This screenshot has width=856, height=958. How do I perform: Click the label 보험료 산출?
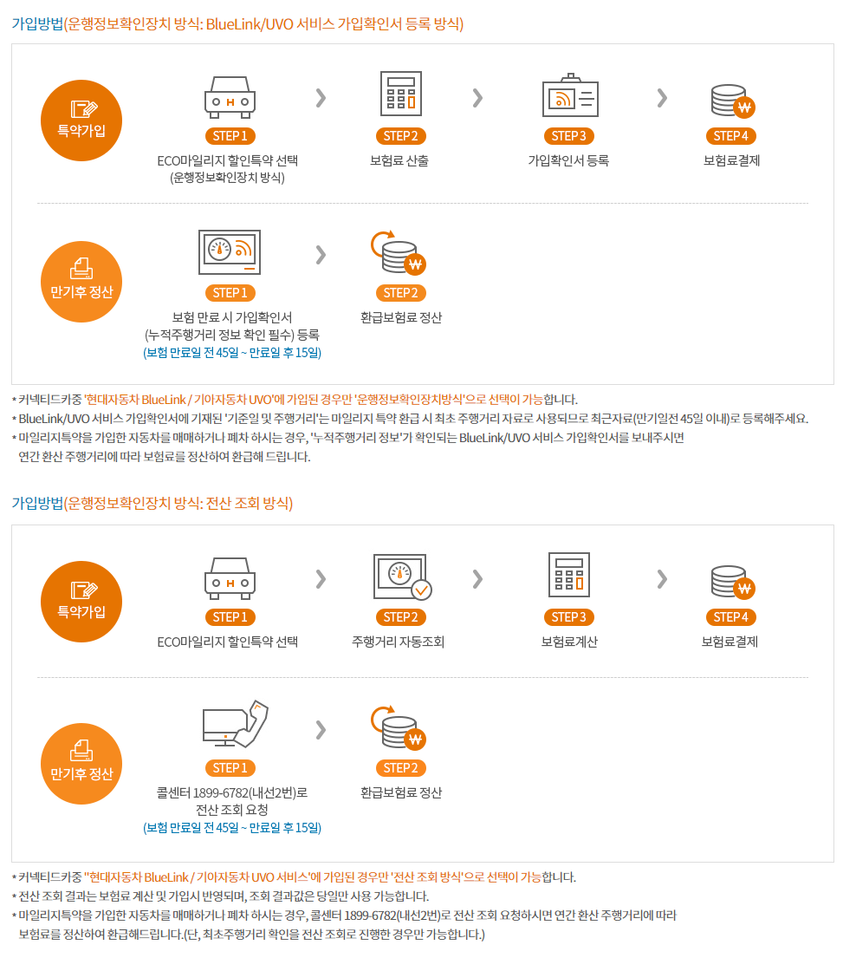pos(399,160)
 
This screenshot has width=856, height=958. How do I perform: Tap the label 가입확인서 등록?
pos(568,160)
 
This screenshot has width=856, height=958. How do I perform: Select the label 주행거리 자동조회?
pos(398,642)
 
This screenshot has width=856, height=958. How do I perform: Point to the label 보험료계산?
pos(569,642)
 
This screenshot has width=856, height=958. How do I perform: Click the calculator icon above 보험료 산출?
pos(400,94)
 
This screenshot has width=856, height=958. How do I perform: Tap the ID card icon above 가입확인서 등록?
pos(570,95)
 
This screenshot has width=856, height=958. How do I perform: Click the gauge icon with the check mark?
pos(402,577)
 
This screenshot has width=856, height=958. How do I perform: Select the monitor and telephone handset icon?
pos(236,724)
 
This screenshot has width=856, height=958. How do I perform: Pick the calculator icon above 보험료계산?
pos(569,574)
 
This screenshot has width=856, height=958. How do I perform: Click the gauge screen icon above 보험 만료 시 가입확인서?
pos(230,252)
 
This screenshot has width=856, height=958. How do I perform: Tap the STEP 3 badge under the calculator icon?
pos(569,617)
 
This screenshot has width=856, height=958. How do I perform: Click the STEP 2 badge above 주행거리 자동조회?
pos(400,617)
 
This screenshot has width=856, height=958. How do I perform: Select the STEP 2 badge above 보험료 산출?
pos(400,135)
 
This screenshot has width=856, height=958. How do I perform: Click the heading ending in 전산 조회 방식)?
pos(152,504)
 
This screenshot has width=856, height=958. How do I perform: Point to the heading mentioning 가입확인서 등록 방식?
pos(237,23)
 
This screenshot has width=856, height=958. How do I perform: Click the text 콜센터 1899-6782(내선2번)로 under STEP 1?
pos(232,792)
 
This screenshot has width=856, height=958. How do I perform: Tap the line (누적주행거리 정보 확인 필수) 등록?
pos(232,335)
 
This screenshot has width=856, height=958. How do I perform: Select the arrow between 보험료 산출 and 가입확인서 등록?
pos(477,98)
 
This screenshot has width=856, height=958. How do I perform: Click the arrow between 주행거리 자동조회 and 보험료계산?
pos(477,578)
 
